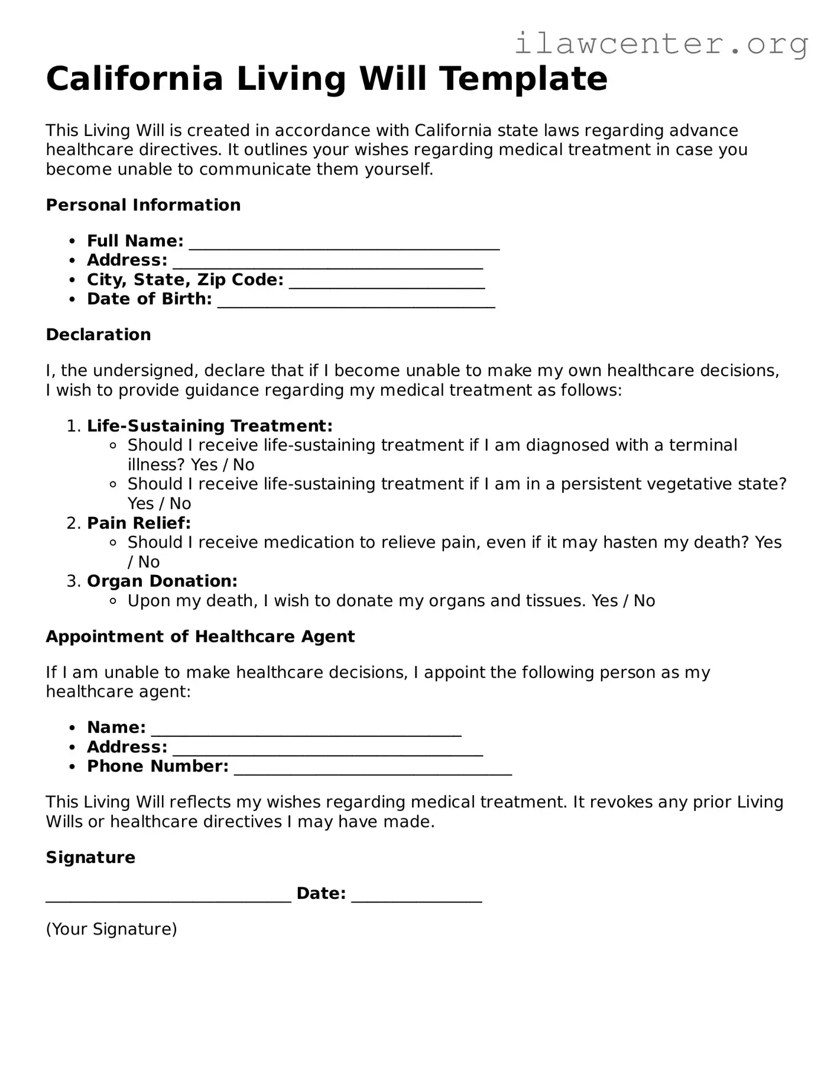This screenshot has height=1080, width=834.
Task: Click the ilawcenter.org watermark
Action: [661, 44]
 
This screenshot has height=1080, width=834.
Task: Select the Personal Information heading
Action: [143, 205]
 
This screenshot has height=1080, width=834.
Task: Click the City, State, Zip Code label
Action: [185, 280]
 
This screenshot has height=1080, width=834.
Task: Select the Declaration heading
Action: [98, 335]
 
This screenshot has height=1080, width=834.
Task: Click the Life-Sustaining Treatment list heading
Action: [209, 426]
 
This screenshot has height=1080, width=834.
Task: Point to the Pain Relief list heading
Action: [139, 523]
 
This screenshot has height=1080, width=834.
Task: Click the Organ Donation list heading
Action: [162, 581]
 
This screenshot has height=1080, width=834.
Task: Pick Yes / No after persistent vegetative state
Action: [159, 504]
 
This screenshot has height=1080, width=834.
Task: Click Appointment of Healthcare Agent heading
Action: [200, 636]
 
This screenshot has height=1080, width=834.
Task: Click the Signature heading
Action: [90, 858]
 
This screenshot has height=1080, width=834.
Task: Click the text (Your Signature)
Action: [111, 929]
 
